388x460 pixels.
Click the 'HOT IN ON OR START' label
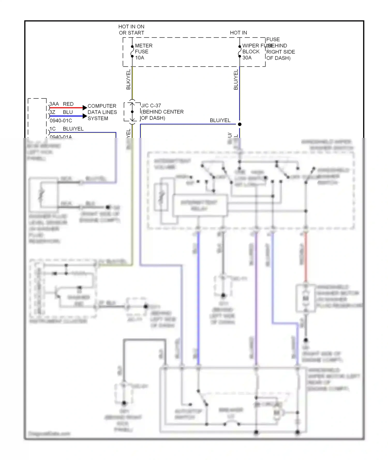click(131, 30)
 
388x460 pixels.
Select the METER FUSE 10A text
click(144, 52)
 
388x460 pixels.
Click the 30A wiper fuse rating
click(247, 58)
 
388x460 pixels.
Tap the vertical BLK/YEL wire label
click(128, 80)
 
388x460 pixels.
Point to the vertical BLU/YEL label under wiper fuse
click(236, 80)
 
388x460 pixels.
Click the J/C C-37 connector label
click(151, 106)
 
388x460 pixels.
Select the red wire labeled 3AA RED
click(66, 108)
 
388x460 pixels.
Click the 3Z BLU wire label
click(61, 112)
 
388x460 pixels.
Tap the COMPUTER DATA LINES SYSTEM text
click(102, 112)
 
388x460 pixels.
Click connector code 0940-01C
click(61, 121)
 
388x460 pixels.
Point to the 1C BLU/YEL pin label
click(66, 129)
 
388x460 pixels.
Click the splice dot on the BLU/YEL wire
click(240, 124)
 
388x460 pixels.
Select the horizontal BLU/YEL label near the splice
click(220, 121)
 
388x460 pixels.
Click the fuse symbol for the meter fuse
click(132, 51)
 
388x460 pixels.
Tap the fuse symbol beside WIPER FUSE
click(240, 51)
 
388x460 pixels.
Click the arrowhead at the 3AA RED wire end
click(85, 108)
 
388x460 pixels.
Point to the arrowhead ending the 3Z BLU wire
click(85, 116)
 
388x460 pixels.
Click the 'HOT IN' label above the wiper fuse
click(238, 33)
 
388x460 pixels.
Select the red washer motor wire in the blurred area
click(306, 257)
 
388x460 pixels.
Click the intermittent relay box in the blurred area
click(200, 205)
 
